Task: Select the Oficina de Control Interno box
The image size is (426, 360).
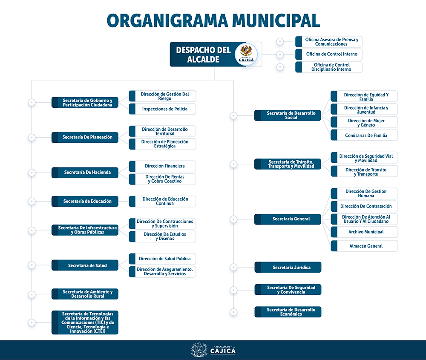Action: coord(329,54)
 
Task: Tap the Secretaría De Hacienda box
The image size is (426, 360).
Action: coord(85,173)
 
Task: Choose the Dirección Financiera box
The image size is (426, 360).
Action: coord(162,166)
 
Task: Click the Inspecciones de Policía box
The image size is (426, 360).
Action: coord(162,109)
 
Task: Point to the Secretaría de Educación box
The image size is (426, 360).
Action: coord(85,201)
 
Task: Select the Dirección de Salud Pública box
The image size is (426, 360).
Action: coord(162,259)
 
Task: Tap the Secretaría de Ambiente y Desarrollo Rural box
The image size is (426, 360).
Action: coord(85,294)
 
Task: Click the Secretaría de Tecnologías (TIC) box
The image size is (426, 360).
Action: coord(85,323)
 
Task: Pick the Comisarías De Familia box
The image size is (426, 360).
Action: coord(364,135)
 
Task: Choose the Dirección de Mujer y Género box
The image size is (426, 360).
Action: coord(364,123)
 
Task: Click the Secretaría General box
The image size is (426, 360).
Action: coord(288,219)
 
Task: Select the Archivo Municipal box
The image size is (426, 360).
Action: coord(364,232)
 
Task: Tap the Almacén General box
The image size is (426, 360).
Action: coord(364,246)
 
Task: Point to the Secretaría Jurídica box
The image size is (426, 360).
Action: coord(288,268)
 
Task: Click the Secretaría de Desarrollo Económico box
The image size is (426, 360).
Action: coord(288,312)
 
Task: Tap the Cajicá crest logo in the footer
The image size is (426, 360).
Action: coord(199,350)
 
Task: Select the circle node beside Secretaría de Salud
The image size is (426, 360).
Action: coord(32,265)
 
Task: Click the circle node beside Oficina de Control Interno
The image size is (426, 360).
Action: coord(280,55)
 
